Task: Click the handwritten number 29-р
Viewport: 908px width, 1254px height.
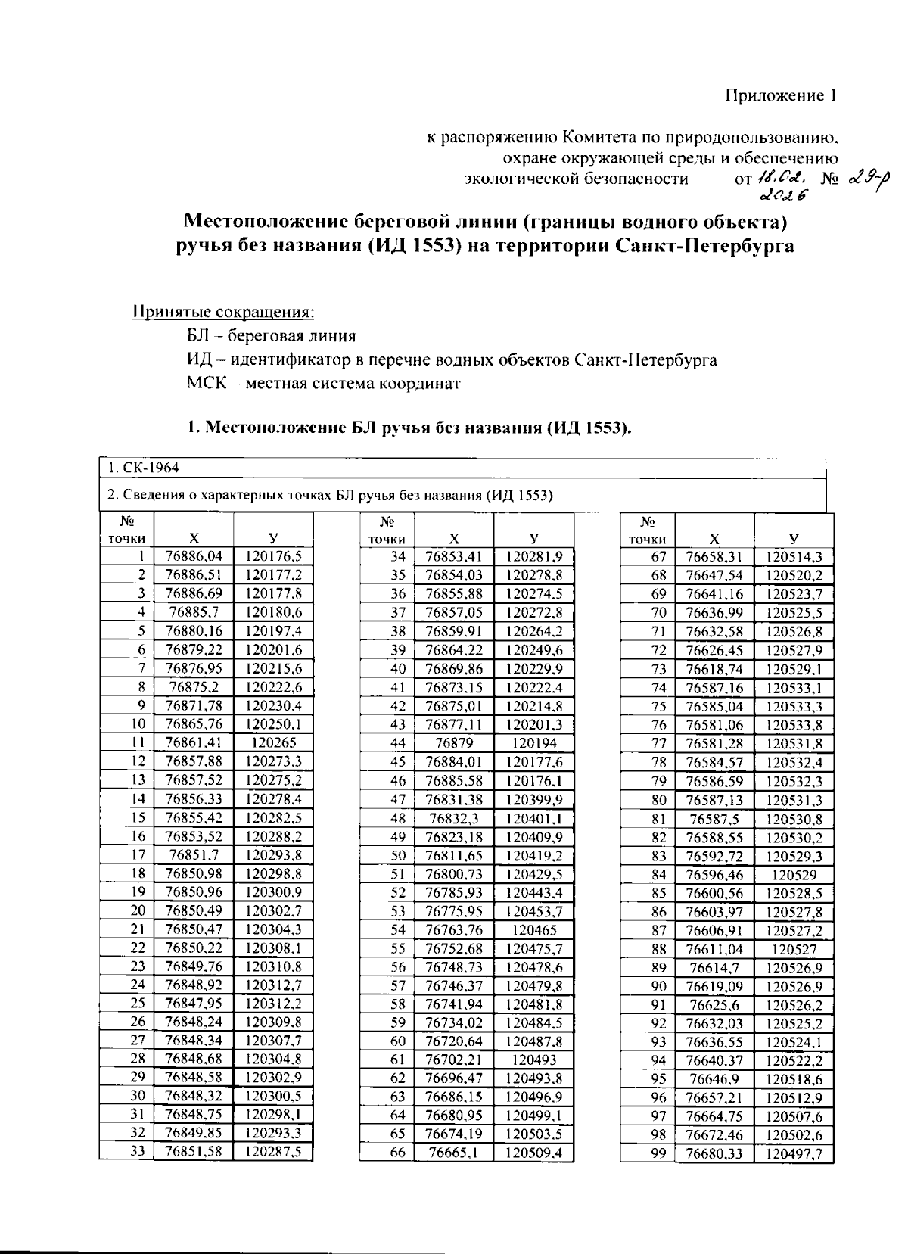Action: point(869,179)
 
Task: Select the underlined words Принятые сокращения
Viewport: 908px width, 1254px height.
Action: point(223,312)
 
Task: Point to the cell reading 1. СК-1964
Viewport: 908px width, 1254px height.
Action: point(143,468)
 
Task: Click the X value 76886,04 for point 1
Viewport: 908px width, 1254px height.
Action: point(194,556)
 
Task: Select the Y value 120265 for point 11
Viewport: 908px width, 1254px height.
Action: point(273,743)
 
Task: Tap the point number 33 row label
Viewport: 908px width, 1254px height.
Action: point(137,1152)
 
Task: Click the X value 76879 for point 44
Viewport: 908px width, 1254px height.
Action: point(454,743)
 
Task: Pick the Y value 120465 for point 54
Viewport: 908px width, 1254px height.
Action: point(533,930)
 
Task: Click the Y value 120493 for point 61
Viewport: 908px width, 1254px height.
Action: point(533,1060)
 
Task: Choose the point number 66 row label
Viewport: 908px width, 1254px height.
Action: point(398,1152)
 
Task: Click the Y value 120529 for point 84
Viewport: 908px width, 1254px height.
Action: point(794,875)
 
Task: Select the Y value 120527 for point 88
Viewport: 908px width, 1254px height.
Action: point(794,949)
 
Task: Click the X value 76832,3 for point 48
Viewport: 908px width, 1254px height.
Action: point(454,818)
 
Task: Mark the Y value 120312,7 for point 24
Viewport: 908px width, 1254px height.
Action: point(273,985)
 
